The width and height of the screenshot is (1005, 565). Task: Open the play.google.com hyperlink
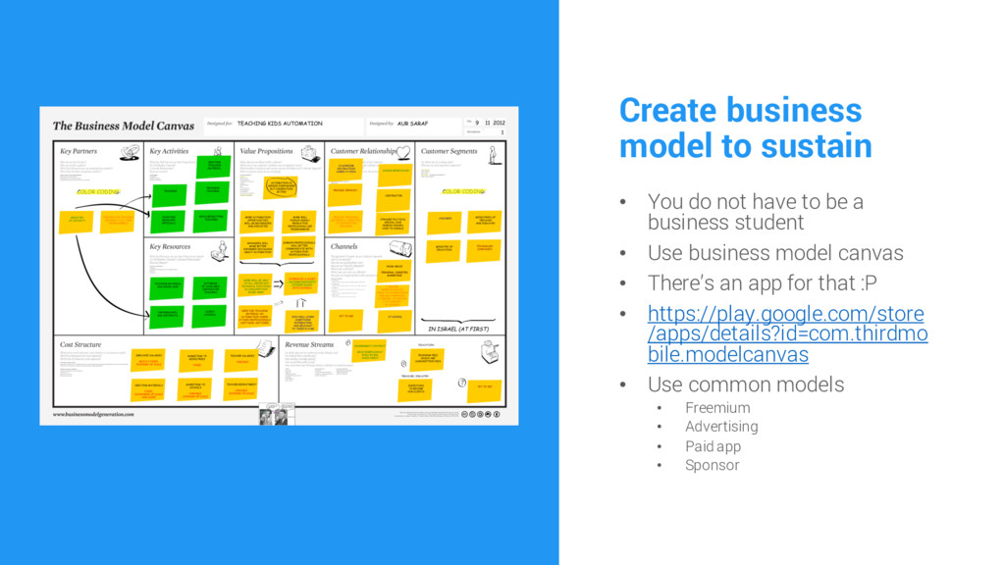pos(785,334)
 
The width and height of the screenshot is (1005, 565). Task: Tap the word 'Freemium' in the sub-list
pos(717,407)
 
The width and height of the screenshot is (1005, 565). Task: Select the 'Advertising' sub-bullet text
pos(721,427)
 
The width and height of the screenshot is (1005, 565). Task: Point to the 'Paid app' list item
pos(713,446)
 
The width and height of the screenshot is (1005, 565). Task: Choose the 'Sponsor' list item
pos(712,465)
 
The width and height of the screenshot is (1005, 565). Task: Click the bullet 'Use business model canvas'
pos(774,253)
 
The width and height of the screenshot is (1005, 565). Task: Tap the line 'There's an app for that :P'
pos(762,283)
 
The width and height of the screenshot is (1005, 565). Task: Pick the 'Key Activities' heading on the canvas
pos(169,152)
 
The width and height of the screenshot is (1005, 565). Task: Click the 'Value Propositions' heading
pos(266,152)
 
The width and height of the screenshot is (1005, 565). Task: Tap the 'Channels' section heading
pos(344,246)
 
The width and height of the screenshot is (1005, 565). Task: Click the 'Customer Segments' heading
pos(449,152)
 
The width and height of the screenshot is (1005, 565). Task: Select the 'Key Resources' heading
pos(171,246)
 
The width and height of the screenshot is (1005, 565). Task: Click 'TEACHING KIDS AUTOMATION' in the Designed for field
pos(279,124)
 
